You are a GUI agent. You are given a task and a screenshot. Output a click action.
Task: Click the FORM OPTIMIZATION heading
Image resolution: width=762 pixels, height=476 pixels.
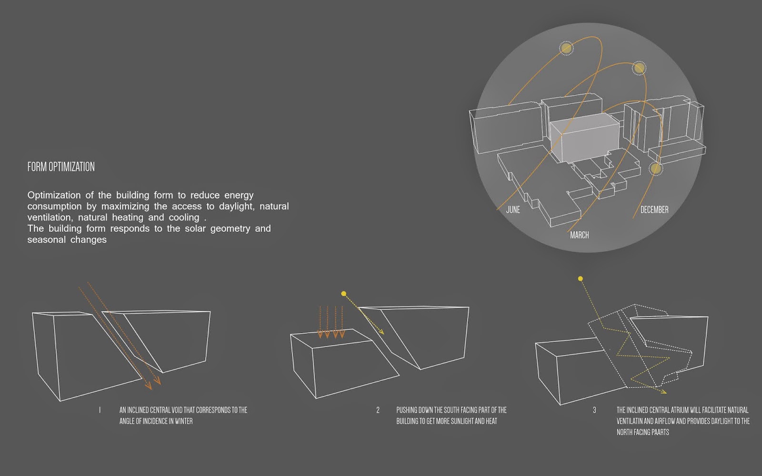pyautogui.click(x=61, y=167)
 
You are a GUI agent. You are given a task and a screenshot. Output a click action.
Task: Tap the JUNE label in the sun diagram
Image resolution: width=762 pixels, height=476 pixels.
pyautogui.click(x=513, y=209)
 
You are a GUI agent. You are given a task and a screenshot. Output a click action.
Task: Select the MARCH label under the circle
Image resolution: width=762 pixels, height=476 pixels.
pyautogui.click(x=579, y=235)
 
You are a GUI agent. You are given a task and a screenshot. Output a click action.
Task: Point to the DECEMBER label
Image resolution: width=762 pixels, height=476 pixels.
pyautogui.click(x=654, y=209)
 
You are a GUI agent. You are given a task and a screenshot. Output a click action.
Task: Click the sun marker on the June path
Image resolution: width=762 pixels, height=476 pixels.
pyautogui.click(x=566, y=48)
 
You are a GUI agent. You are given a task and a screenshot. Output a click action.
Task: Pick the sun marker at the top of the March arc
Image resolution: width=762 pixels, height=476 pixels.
pyautogui.click(x=639, y=68)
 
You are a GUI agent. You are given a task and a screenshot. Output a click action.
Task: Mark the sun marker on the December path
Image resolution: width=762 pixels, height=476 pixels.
pyautogui.click(x=655, y=169)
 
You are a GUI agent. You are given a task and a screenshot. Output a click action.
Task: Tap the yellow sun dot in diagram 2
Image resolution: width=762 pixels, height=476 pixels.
pyautogui.click(x=343, y=293)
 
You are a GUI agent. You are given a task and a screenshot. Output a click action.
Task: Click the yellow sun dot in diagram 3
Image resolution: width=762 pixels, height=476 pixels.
pyautogui.click(x=581, y=279)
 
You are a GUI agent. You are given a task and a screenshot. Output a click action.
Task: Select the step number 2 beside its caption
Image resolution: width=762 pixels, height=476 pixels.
pyautogui.click(x=378, y=410)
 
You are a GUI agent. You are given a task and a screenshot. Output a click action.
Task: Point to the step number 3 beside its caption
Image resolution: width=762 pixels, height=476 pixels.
pyautogui.click(x=594, y=410)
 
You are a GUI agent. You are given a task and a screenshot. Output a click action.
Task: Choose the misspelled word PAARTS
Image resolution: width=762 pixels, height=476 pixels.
pyautogui.click(x=660, y=432)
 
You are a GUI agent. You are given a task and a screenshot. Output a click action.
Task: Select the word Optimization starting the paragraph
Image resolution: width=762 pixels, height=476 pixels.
pyautogui.click(x=54, y=196)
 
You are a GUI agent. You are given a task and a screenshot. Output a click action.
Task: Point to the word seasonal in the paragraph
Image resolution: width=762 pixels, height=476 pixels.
pyautogui.click(x=46, y=240)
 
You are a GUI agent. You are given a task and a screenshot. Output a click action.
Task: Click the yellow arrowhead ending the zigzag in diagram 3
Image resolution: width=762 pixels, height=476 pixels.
pyautogui.click(x=663, y=392)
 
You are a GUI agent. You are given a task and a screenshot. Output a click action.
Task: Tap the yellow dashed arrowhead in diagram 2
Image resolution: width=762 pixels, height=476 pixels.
pyautogui.click(x=381, y=331)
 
